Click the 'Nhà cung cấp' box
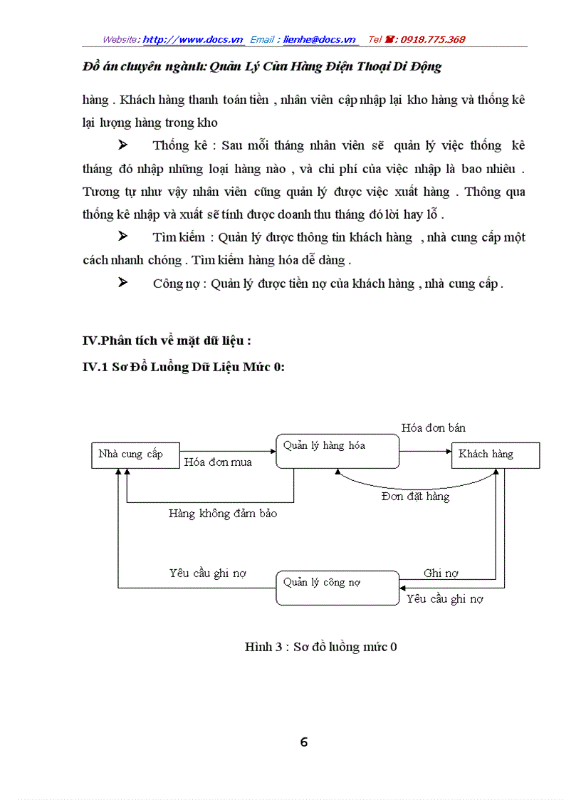[x=135, y=454]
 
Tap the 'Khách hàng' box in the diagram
[x=495, y=454]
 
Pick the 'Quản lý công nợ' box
[x=337, y=588]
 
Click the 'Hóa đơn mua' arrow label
[x=218, y=462]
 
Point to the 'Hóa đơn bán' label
[x=433, y=427]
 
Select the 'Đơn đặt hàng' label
[x=415, y=496]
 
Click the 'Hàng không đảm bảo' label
[x=223, y=513]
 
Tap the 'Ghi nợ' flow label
[x=441, y=573]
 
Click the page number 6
[x=304, y=742]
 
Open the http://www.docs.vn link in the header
[x=193, y=39]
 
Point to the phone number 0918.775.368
[x=433, y=39]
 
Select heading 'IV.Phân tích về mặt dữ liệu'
[x=167, y=341]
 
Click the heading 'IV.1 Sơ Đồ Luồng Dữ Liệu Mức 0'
[x=184, y=366]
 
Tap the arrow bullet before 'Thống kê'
[x=122, y=145]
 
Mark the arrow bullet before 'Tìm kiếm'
[x=122, y=237]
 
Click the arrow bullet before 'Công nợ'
[x=122, y=283]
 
